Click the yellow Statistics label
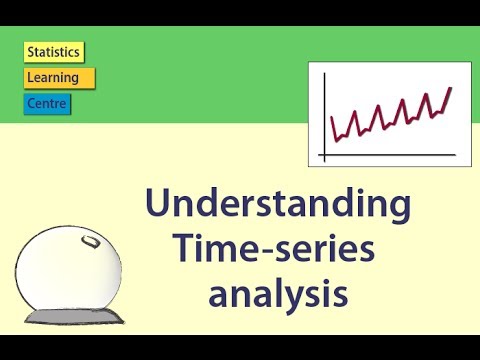(x=54, y=52)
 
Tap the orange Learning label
(x=59, y=77)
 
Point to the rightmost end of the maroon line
(x=451, y=88)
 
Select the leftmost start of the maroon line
(x=332, y=118)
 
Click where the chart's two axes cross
(x=324, y=156)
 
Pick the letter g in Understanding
(x=397, y=210)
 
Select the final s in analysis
(x=340, y=293)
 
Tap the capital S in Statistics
(x=31, y=52)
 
